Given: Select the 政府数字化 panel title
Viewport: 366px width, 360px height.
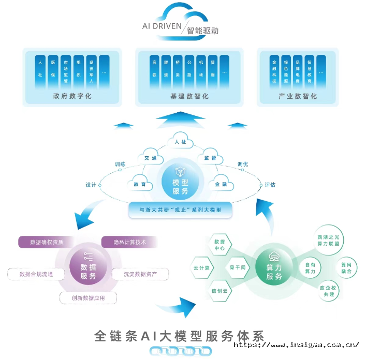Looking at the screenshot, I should pyautogui.click(x=72, y=96).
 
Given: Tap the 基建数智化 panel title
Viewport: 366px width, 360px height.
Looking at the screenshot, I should pyautogui.click(x=189, y=96).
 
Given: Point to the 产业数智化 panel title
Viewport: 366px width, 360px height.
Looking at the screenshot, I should pyautogui.click(x=298, y=96).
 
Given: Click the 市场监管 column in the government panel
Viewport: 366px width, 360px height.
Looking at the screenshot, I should pyautogui.click(x=65, y=71).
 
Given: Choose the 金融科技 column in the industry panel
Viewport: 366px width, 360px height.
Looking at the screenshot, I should pyautogui.click(x=274, y=71).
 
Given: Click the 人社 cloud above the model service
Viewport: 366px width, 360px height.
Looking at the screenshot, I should pyautogui.click(x=180, y=142).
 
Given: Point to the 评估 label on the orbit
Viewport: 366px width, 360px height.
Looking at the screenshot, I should pyautogui.click(x=270, y=185).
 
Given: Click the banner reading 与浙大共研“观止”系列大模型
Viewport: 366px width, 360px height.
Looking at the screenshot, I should pyautogui.click(x=180, y=210).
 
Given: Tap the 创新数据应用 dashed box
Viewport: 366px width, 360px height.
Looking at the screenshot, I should pyautogui.click(x=88, y=298).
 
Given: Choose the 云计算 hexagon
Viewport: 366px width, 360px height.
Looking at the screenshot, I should pyautogui.click(x=201, y=268).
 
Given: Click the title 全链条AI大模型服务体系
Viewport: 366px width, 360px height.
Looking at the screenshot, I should pyautogui.click(x=179, y=336).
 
